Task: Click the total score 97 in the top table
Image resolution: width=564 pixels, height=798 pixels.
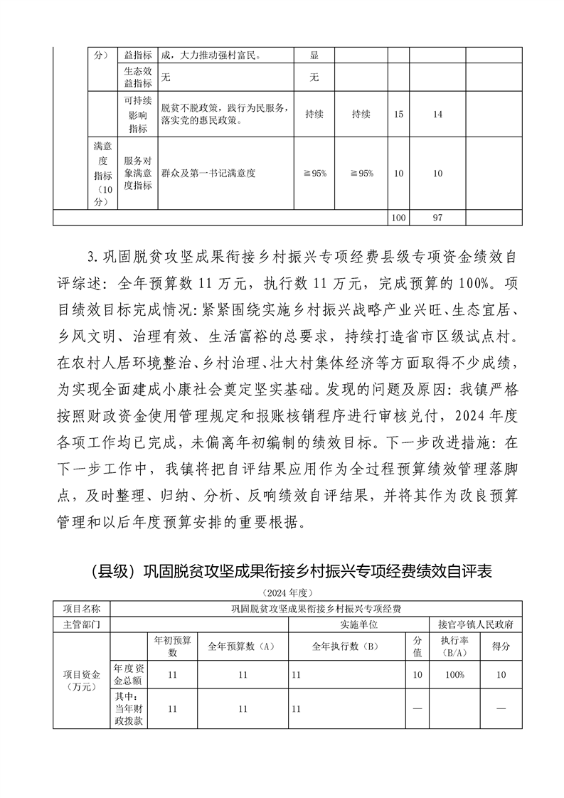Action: pos(437,218)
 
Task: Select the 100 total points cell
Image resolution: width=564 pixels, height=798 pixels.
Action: pos(398,218)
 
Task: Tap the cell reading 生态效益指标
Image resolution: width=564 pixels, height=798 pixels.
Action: pos(137,77)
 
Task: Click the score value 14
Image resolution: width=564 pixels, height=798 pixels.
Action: pos(437,114)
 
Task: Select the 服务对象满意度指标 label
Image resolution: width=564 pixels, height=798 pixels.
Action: pos(137,173)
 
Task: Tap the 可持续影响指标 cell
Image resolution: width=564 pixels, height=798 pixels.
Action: pos(137,114)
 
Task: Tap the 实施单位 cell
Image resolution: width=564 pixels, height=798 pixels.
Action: pos(348,624)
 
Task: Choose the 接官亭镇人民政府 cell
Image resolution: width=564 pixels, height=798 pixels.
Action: pos(476,624)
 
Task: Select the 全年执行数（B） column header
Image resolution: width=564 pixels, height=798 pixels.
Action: pos(348,647)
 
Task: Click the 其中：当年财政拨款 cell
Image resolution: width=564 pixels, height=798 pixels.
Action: pos(128,709)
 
